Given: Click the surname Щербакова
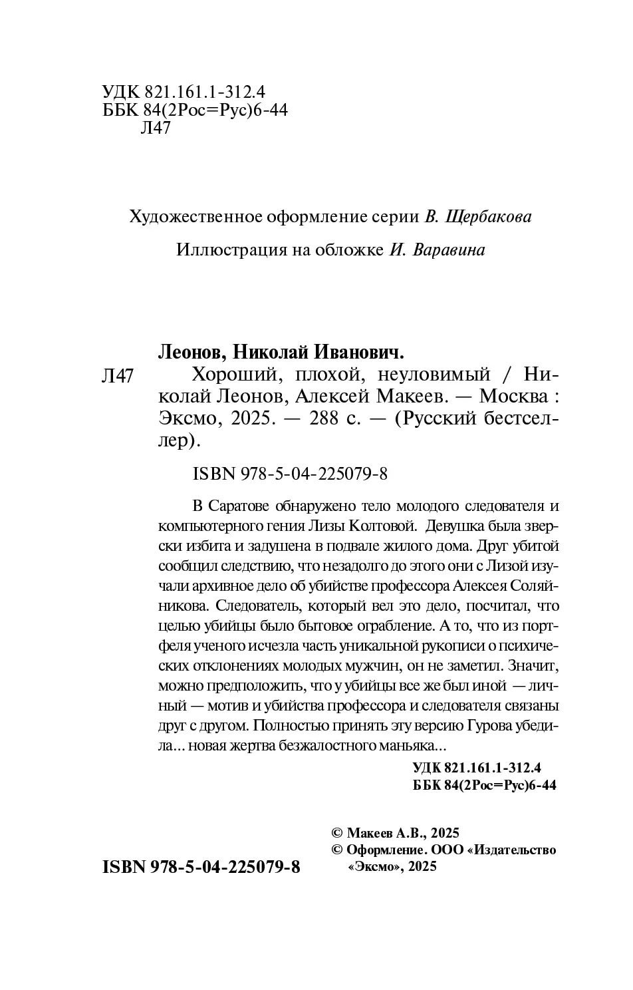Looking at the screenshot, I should click(487, 217).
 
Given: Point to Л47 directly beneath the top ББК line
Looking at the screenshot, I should click(156, 128).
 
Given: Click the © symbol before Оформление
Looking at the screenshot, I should click(336, 850).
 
